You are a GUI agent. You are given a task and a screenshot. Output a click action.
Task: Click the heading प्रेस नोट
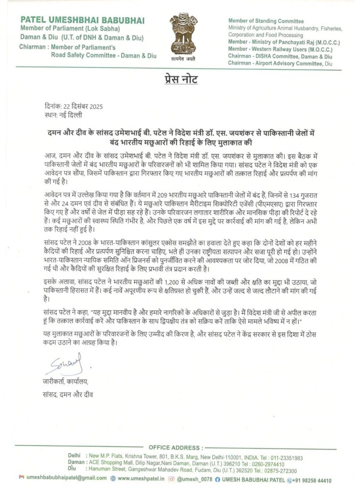pyautogui.click(x=180, y=79)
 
